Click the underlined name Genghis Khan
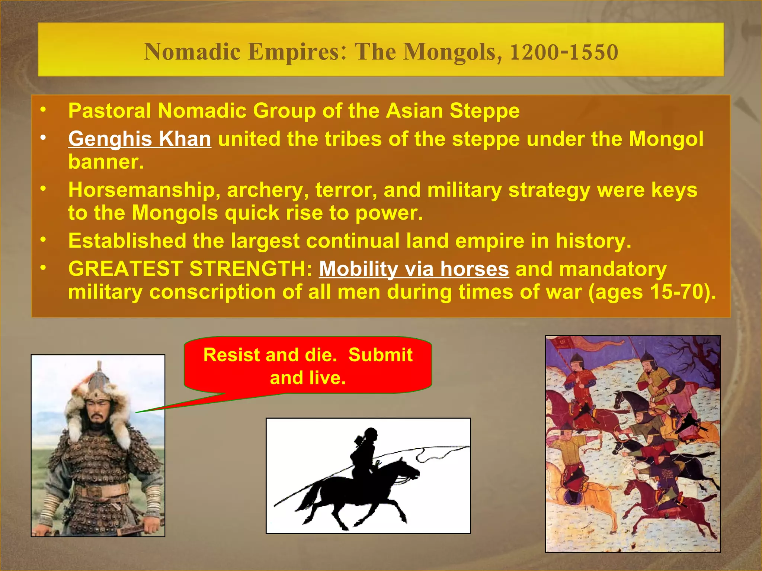[140, 139]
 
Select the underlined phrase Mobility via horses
[414, 269]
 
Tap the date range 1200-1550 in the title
[564, 52]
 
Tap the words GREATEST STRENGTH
[190, 269]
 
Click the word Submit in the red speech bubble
[380, 355]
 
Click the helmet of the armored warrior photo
[99, 383]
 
